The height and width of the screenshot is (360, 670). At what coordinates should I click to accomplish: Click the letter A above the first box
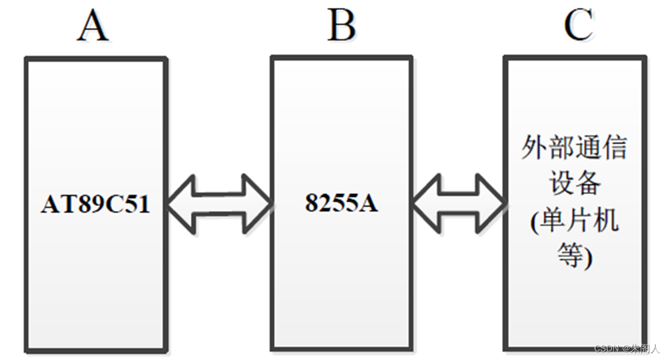tap(93, 26)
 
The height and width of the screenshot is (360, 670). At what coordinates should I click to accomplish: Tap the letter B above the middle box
tap(341, 26)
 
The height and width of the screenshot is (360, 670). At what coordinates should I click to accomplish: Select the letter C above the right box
tap(578, 26)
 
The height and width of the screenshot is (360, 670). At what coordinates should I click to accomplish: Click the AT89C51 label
tap(95, 205)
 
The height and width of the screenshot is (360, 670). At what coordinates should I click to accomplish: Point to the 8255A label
tap(341, 203)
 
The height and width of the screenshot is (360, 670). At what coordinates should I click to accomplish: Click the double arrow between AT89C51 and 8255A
tap(219, 203)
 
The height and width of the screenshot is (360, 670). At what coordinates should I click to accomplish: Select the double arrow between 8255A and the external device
tap(459, 203)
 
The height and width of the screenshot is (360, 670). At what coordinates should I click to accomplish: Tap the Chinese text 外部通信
tap(574, 148)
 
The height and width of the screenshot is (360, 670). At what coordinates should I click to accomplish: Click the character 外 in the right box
tap(535, 148)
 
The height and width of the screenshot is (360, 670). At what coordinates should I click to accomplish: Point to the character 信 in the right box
tap(613, 148)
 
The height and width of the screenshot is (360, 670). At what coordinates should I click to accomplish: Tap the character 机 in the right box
tap(605, 221)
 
